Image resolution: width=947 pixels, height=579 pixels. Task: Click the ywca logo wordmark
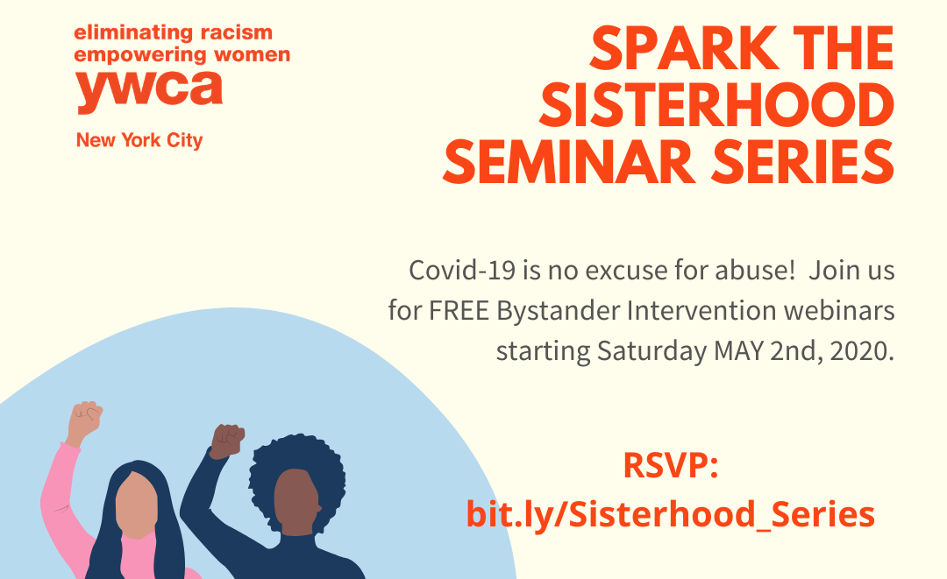point(149,91)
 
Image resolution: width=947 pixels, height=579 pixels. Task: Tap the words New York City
point(139,140)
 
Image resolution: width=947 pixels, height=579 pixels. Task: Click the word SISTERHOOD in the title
point(717,105)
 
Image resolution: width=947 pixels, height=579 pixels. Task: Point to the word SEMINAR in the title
point(570,162)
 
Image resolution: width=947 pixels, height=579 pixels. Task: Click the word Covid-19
point(462,270)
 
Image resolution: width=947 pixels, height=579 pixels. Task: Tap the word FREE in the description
point(459,311)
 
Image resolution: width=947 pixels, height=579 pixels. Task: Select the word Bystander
point(558,312)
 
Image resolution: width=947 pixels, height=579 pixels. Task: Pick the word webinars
point(839,311)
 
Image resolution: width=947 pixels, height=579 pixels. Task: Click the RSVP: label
point(671,466)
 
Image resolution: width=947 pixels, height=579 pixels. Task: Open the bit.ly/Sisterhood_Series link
point(671,514)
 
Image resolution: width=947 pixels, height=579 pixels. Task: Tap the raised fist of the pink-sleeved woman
point(85,420)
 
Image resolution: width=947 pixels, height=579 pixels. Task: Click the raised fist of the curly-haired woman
point(227,441)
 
